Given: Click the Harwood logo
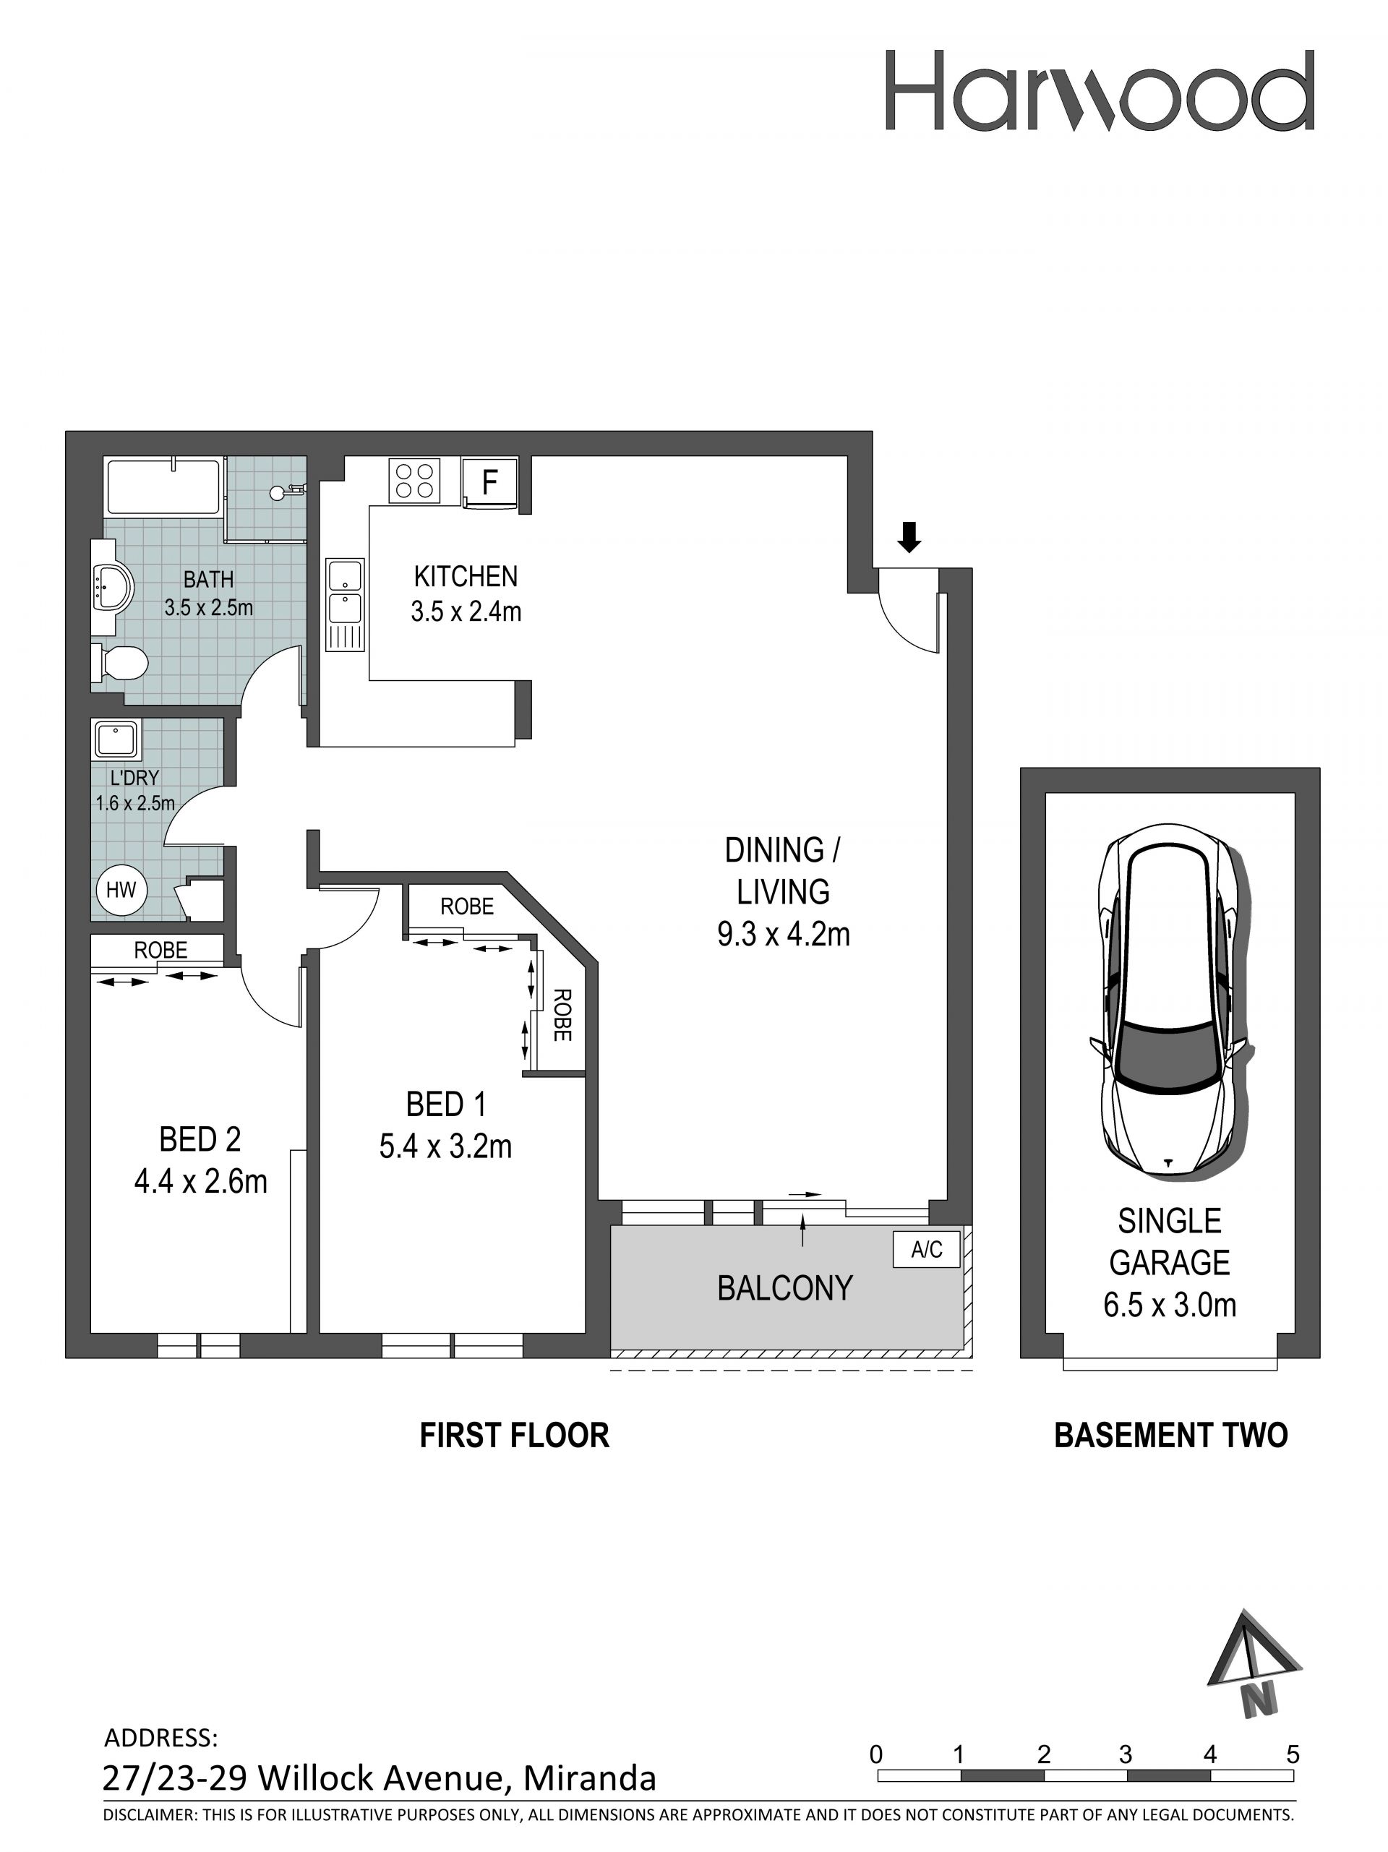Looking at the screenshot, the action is (1099, 90).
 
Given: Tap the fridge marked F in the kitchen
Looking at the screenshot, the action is (489, 482).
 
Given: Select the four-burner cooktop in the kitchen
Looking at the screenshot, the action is (414, 481).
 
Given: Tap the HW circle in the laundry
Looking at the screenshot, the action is (121, 889).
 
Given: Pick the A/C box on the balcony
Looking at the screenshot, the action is (926, 1250).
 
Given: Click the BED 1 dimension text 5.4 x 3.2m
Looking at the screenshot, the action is (445, 1146).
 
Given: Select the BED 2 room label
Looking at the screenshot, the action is (200, 1139).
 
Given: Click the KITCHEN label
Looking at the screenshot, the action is (466, 576).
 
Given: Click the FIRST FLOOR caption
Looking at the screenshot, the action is (514, 1435).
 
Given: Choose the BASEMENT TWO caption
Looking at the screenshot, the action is (1170, 1435).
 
